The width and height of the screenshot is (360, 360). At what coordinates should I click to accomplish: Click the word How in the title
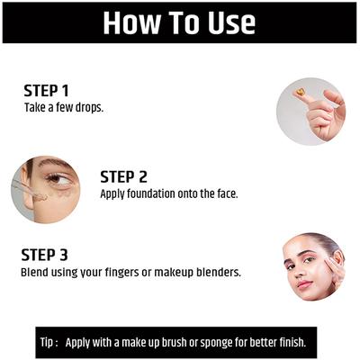(134, 22)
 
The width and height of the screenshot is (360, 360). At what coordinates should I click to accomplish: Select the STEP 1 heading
(46, 91)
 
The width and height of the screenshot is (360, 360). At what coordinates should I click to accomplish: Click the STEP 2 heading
(123, 177)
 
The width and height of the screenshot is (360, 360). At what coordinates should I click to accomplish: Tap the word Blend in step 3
(34, 271)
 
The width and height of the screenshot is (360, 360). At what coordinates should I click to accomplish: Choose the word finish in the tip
(287, 342)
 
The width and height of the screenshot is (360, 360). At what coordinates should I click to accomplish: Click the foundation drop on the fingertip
(299, 92)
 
